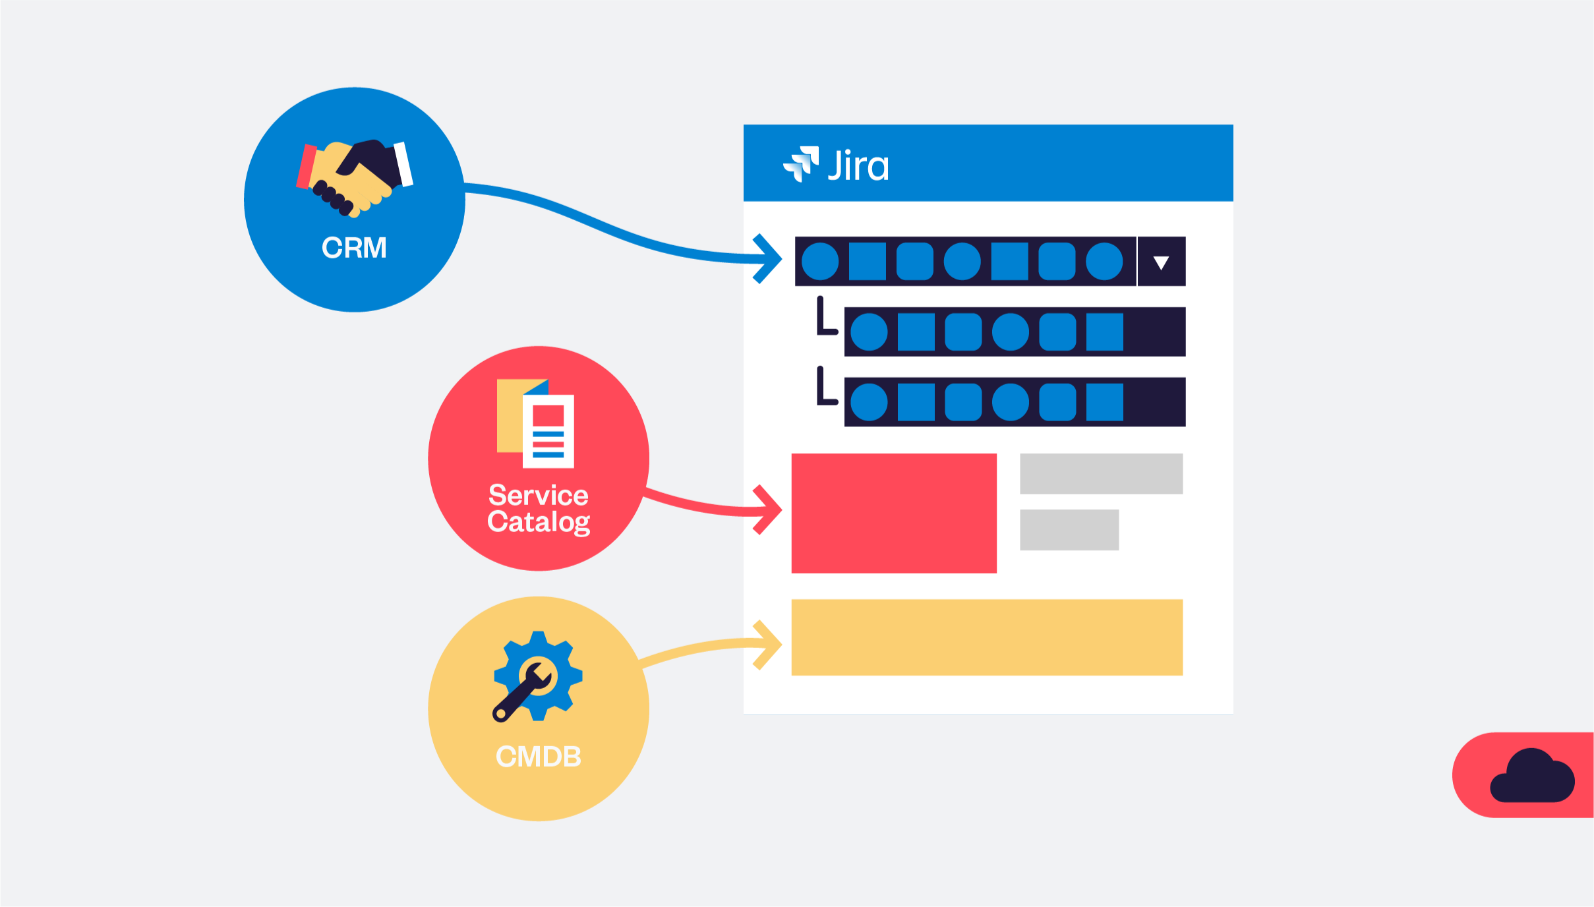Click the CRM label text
354,248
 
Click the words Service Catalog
539,508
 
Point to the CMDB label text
539,756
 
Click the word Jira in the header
858,165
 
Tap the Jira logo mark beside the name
801,163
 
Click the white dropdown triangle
1161,263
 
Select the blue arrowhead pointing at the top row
768,258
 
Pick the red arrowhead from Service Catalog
769,510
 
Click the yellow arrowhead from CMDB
769,645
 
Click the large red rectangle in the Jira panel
893,513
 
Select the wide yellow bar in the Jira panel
986,637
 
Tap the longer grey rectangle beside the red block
1101,473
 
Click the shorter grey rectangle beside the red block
1069,529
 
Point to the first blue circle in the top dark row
820,261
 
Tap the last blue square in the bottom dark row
1104,402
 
